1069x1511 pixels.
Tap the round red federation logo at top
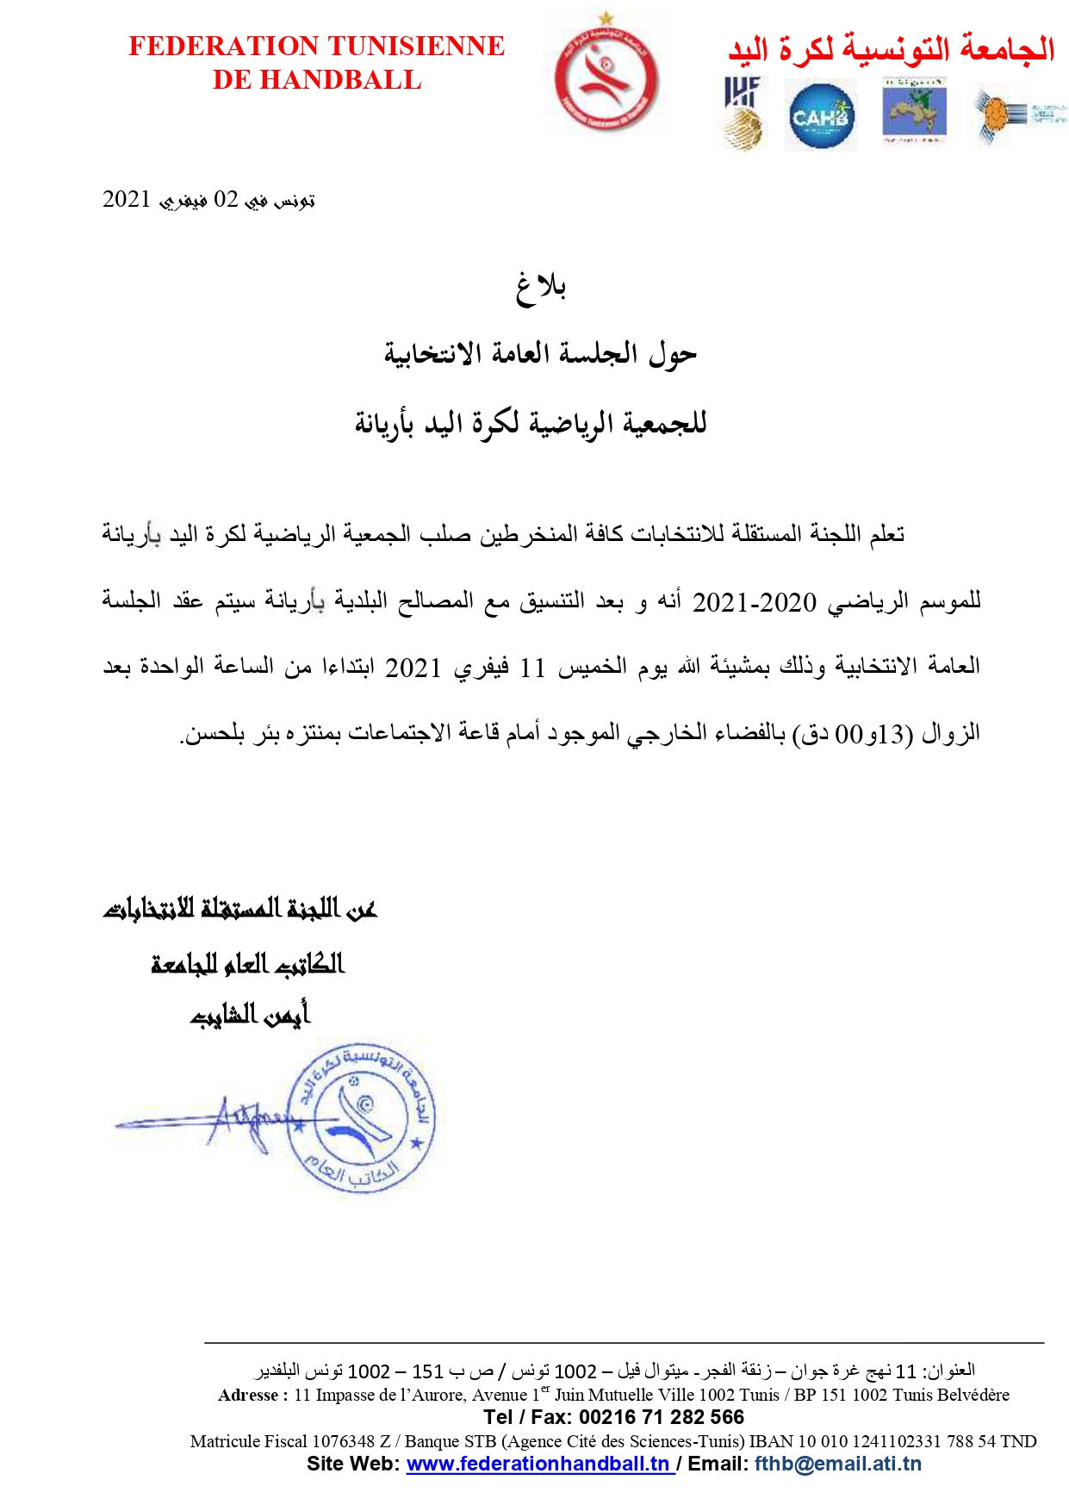tap(606, 78)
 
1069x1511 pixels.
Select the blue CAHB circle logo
tap(822, 115)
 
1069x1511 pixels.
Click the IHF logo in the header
tap(743, 112)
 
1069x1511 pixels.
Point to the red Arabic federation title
tap(891, 48)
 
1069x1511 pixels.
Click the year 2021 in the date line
tap(127, 199)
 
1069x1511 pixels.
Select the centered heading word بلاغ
tap(541, 287)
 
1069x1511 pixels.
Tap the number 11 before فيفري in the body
tap(532, 668)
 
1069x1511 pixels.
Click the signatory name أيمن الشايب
tap(250, 1015)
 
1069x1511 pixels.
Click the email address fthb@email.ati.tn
tap(837, 1464)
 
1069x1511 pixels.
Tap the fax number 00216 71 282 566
tap(661, 1417)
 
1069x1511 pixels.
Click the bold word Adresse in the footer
tap(248, 1395)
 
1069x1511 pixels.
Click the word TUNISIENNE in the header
tap(412, 46)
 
